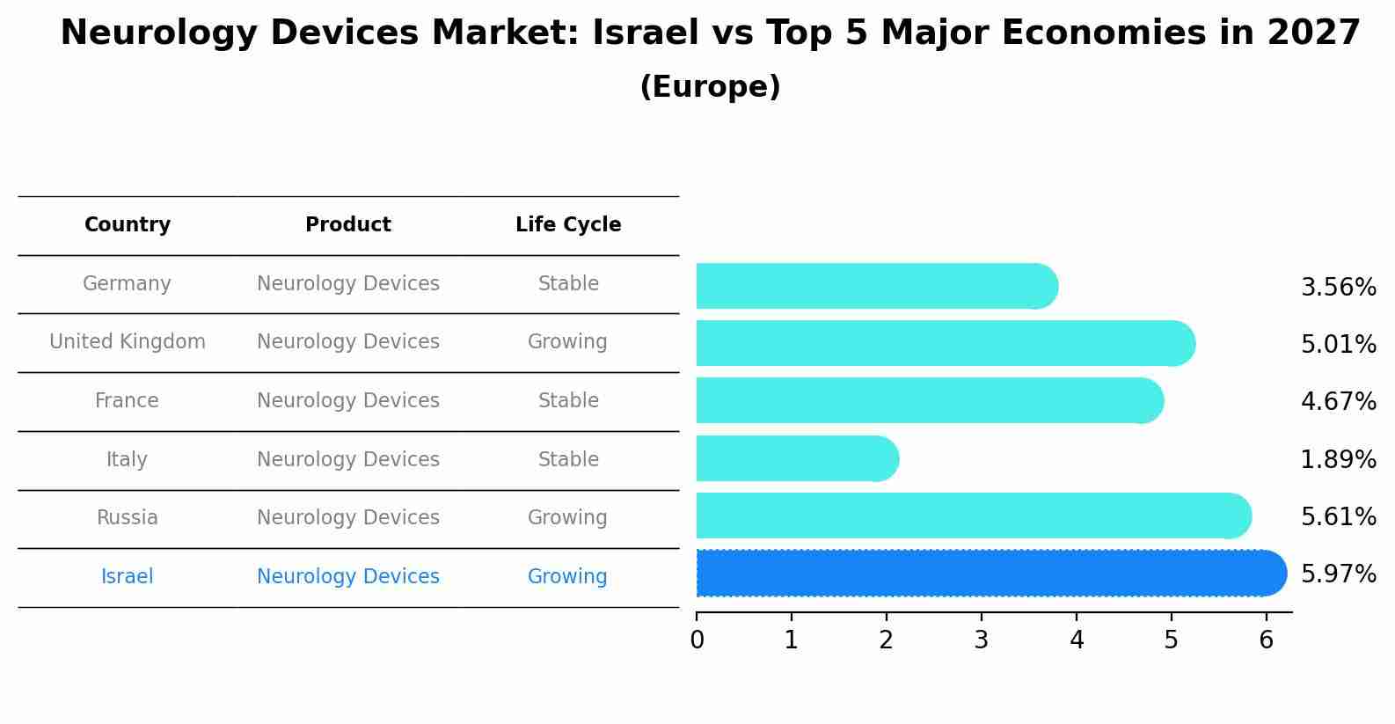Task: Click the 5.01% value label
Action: pos(1338,344)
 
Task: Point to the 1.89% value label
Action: pos(1338,459)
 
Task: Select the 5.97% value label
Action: pos(1338,574)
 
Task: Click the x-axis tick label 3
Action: pos(981,640)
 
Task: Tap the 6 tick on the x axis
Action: pos(1266,640)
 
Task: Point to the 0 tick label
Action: pos(697,640)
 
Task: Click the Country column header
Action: pos(128,225)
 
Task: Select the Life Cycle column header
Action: pos(568,225)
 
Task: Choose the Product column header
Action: pos(348,225)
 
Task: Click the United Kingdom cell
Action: pos(128,341)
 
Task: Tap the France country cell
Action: pos(128,401)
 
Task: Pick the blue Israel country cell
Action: pos(128,576)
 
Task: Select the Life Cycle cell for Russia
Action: pos(567,517)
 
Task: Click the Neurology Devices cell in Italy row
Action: pos(348,459)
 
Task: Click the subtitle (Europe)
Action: pos(710,87)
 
